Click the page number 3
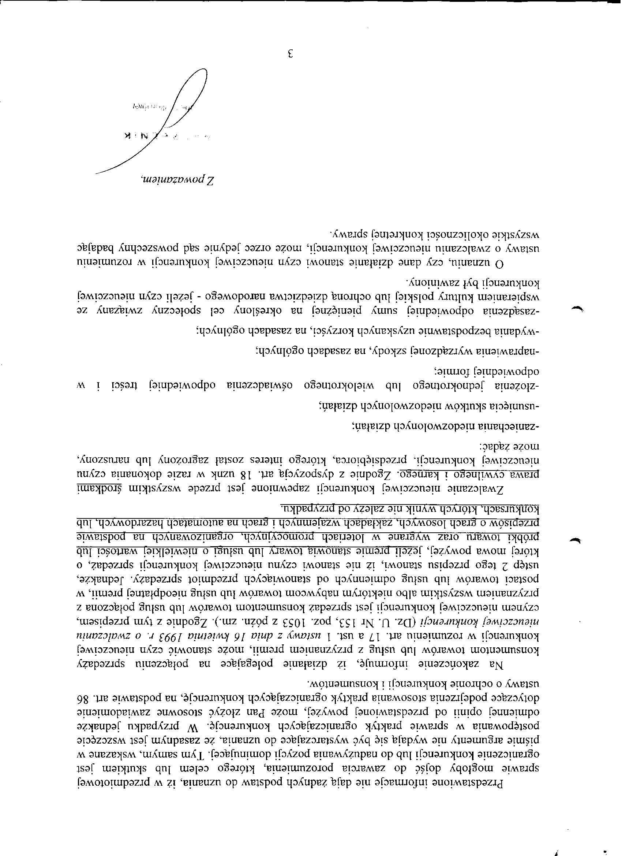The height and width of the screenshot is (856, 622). tap(291, 53)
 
